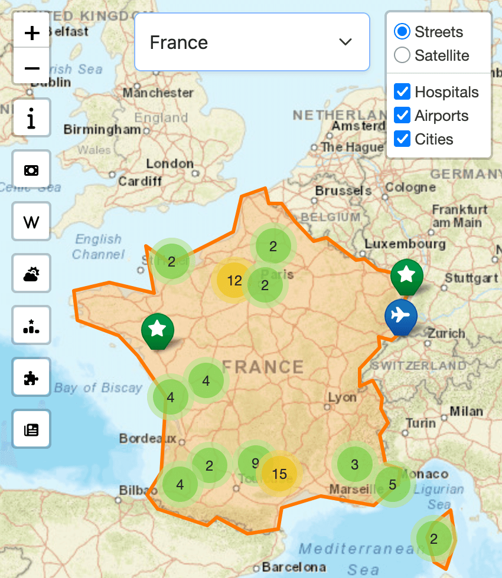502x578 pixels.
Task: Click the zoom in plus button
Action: [32, 33]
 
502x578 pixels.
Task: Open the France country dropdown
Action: [252, 42]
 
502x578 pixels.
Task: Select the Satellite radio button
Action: [402, 55]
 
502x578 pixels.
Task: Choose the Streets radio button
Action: [402, 31]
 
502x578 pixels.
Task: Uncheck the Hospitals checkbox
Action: [402, 92]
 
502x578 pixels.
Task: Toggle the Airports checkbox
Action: [402, 116]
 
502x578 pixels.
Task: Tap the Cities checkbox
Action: [402, 139]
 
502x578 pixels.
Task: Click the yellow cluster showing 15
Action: [279, 474]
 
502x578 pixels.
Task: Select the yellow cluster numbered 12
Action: [234, 281]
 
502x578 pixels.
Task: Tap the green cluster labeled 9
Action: [255, 463]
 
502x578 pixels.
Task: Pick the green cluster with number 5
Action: [393, 485]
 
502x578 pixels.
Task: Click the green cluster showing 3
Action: [354, 465]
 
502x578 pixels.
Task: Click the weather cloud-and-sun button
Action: [32, 274]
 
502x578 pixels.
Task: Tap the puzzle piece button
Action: [32, 378]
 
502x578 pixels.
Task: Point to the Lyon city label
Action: [343, 397]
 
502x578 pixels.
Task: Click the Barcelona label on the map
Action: [294, 567]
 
